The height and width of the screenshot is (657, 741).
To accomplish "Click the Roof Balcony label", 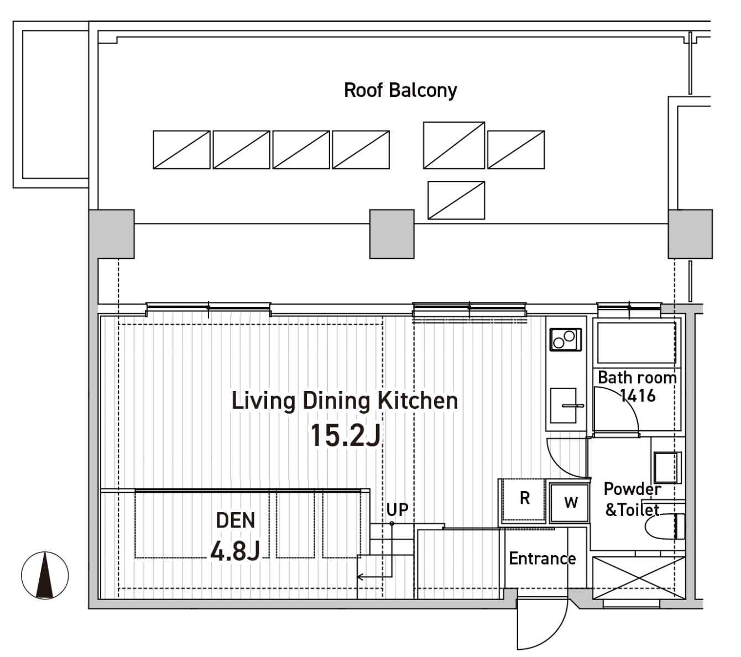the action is pyautogui.click(x=400, y=90).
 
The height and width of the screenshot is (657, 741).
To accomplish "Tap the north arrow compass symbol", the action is pyautogui.click(x=45, y=575).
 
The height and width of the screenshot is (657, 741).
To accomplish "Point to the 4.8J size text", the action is pyautogui.click(x=235, y=551).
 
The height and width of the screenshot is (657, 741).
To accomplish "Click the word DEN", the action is pyautogui.click(x=235, y=520).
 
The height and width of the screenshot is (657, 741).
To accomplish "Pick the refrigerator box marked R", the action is pyautogui.click(x=523, y=500).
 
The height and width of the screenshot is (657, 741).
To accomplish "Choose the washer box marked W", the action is pyautogui.click(x=570, y=503).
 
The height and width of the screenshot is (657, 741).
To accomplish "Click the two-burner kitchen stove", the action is pyautogui.click(x=566, y=340).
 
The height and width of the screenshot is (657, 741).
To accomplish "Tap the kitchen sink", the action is pyautogui.click(x=563, y=405).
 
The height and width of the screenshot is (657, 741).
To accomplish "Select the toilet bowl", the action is pyautogui.click(x=665, y=526).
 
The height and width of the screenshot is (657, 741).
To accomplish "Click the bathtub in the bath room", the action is pyautogui.click(x=636, y=342).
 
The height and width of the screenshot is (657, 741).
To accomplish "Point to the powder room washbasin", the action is pyautogui.click(x=667, y=467).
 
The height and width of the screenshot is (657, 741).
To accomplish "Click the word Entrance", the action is pyautogui.click(x=542, y=559).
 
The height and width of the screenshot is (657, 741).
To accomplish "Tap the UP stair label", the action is pyautogui.click(x=397, y=509).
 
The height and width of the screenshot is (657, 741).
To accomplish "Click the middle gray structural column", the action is pyautogui.click(x=392, y=234).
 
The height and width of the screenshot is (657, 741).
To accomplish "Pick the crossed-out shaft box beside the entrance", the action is pyautogui.click(x=639, y=578).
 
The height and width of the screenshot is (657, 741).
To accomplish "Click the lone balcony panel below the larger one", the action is pyautogui.click(x=456, y=200).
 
